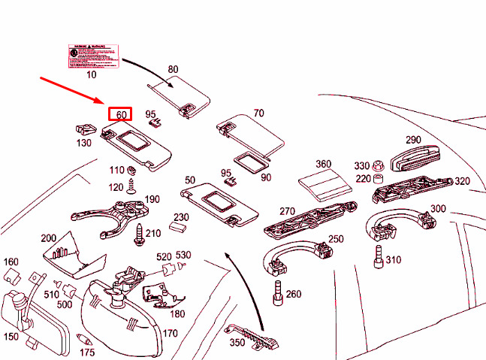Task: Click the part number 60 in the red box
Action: (120, 114)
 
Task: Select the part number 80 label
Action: (174, 69)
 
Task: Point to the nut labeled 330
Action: (379, 165)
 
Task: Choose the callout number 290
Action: (413, 140)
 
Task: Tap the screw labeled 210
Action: (140, 234)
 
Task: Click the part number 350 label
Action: (238, 343)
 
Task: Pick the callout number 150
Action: (11, 337)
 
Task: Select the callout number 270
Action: (287, 212)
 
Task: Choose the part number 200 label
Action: (49, 237)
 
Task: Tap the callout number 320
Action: (462, 181)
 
